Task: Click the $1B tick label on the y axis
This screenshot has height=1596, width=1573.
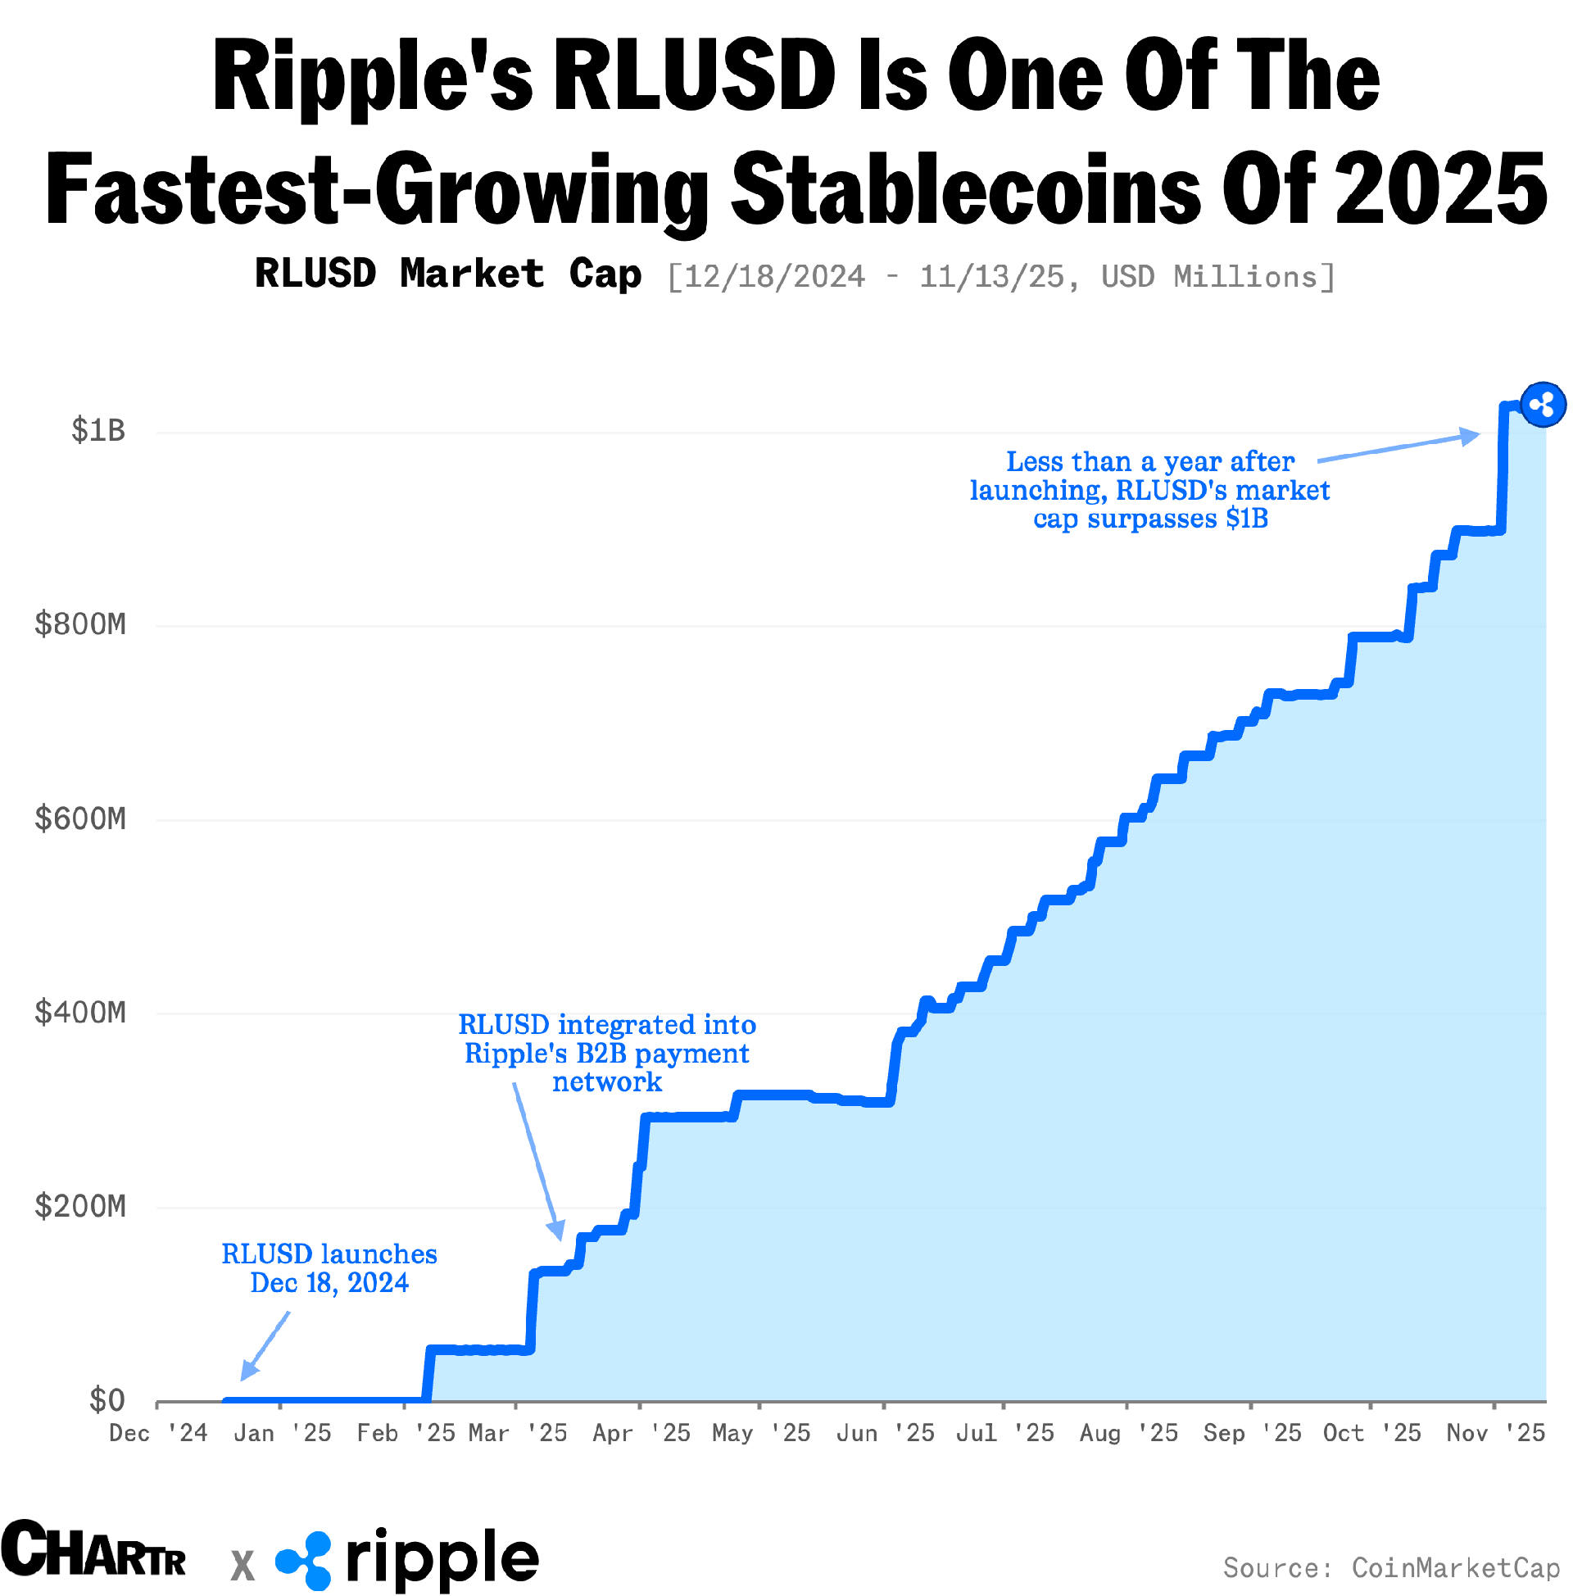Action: click(98, 430)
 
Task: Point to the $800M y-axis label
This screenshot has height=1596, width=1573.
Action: click(80, 624)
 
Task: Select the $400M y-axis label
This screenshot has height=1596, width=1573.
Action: click(80, 1013)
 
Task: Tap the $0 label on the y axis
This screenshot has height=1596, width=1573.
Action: click(107, 1401)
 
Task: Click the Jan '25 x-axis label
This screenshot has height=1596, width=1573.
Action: click(283, 1433)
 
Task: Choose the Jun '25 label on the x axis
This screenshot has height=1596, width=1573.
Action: click(886, 1433)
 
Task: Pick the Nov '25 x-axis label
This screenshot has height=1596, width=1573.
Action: click(1495, 1433)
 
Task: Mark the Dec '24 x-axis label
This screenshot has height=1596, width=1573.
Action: click(159, 1433)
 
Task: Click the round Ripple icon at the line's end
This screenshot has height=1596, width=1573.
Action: click(1543, 405)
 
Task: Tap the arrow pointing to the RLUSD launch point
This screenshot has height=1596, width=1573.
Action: click(265, 1346)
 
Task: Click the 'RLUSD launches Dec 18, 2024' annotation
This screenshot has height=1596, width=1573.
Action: click(329, 1269)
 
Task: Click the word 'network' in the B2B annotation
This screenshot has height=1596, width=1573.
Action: click(607, 1082)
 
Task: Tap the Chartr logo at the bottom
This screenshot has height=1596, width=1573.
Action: click(93, 1549)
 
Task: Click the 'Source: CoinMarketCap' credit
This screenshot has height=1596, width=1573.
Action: click(1391, 1568)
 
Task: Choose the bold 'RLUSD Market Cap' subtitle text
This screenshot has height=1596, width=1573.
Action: click(448, 274)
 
